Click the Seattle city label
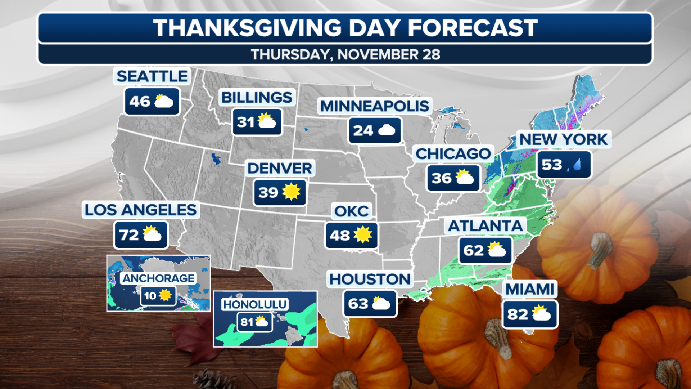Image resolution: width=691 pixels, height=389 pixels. click(152, 76)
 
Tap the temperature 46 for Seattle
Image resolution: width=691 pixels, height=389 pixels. click(140, 102)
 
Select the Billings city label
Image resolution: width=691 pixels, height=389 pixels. click(257, 98)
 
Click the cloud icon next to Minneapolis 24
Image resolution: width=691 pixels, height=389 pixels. click(387, 130)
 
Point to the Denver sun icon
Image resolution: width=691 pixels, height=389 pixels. click(291, 192)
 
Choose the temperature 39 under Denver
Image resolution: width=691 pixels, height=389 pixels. click(268, 192)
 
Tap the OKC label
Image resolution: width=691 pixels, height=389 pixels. click(351, 211)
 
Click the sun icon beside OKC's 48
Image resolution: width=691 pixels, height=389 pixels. click(362, 235)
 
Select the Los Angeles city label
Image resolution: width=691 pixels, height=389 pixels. click(141, 210)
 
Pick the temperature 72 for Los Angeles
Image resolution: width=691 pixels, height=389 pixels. click(129, 235)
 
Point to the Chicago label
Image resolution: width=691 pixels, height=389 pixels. click(453, 154)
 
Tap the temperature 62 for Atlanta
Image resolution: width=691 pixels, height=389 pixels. click(473, 250)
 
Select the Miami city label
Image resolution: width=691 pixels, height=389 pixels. click(530, 289)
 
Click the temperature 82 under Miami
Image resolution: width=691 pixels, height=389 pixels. click(517, 314)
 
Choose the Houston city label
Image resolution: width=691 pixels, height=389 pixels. click(370, 279)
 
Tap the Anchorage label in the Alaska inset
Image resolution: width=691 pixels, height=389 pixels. click(158, 278)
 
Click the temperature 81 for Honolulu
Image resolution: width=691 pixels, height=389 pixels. click(247, 322)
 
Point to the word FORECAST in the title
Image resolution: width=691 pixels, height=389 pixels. click(473, 28)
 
